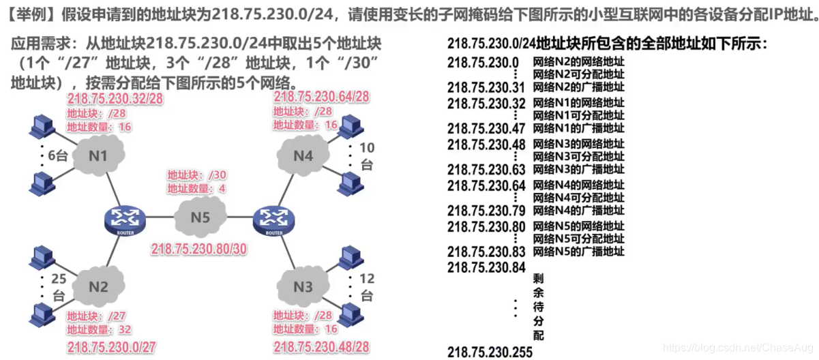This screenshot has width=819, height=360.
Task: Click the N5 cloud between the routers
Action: [200, 219]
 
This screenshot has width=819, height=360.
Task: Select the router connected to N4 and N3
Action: [273, 220]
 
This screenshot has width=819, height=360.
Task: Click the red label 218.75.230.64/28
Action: [321, 97]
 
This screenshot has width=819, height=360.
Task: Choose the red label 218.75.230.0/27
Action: [111, 347]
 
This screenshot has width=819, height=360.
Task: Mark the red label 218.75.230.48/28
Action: [321, 347]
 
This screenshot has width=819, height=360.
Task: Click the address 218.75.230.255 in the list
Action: [490, 352]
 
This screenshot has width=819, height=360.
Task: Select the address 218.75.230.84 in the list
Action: [486, 267]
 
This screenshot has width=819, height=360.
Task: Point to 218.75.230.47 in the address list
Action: [486, 128]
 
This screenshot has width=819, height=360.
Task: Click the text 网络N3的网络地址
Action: [578, 144]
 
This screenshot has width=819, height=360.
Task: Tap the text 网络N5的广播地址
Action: [578, 252]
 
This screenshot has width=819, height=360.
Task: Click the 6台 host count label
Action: [57, 155]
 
